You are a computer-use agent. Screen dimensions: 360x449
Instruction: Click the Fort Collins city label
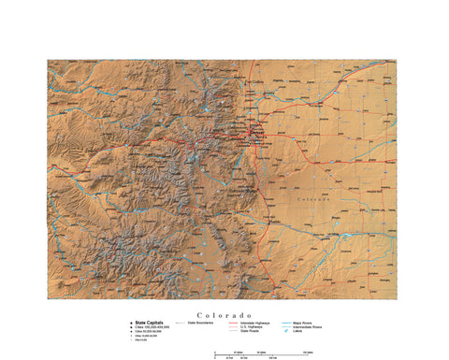[x=255, y=84]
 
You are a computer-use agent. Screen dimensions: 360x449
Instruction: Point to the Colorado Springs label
[x=240, y=189]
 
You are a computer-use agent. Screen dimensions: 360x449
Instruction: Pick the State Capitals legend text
[x=150, y=323]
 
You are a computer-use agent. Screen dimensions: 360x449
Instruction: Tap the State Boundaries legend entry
[x=205, y=323]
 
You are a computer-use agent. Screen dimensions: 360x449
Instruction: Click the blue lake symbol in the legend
[x=286, y=331]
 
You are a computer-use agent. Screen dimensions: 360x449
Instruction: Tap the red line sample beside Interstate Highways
[x=232, y=323]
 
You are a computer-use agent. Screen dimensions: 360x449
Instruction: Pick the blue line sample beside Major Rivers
[x=287, y=323]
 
